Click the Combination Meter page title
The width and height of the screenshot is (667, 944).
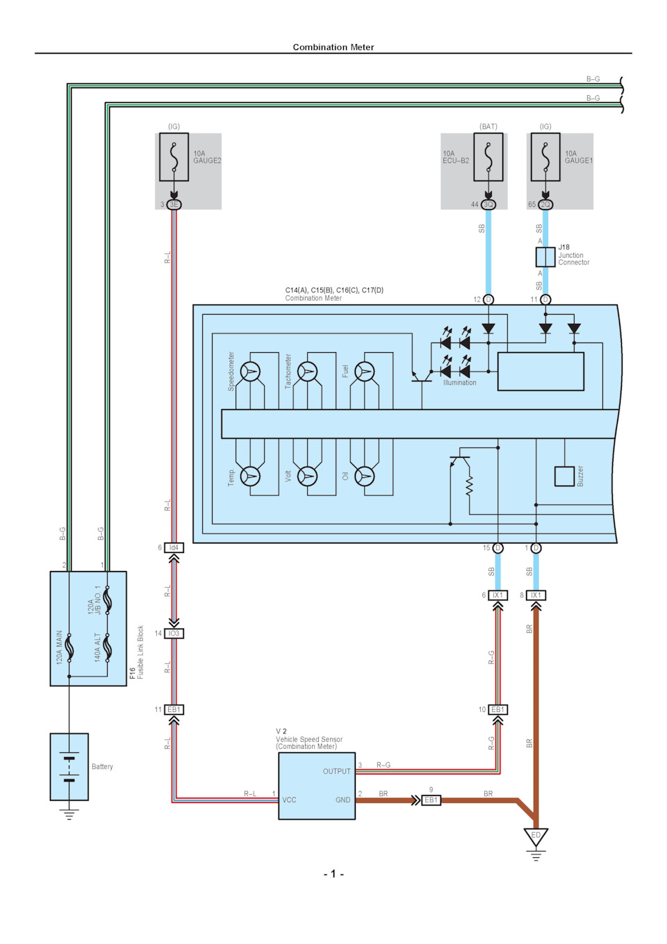[x=333, y=47]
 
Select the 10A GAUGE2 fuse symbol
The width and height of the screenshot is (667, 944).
[x=174, y=157]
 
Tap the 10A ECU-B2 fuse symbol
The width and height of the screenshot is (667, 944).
[x=488, y=157]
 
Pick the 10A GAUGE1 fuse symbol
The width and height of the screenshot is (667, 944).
[x=545, y=157]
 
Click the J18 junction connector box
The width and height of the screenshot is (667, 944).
[x=545, y=257]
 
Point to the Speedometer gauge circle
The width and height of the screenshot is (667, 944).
[x=250, y=372]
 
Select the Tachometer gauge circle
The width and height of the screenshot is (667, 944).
[x=307, y=372]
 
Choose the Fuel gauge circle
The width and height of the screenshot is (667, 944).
[x=365, y=372]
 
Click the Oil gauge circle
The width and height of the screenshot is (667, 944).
[x=365, y=477]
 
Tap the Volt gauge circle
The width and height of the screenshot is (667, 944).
[x=307, y=477]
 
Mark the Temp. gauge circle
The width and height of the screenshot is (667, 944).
[x=250, y=477]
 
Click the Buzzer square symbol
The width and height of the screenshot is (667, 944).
[x=564, y=477]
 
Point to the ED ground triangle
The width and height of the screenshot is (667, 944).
[x=536, y=836]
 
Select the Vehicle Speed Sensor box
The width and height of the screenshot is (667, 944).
[x=317, y=786]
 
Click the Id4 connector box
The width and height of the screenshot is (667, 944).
[x=174, y=547]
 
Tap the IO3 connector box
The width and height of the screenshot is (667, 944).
[x=174, y=634]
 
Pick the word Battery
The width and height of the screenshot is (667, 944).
[x=102, y=767]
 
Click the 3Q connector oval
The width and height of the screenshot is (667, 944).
[x=488, y=204]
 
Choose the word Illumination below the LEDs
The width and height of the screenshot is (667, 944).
[x=459, y=383]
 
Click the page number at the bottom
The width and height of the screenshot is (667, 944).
[x=333, y=874]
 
